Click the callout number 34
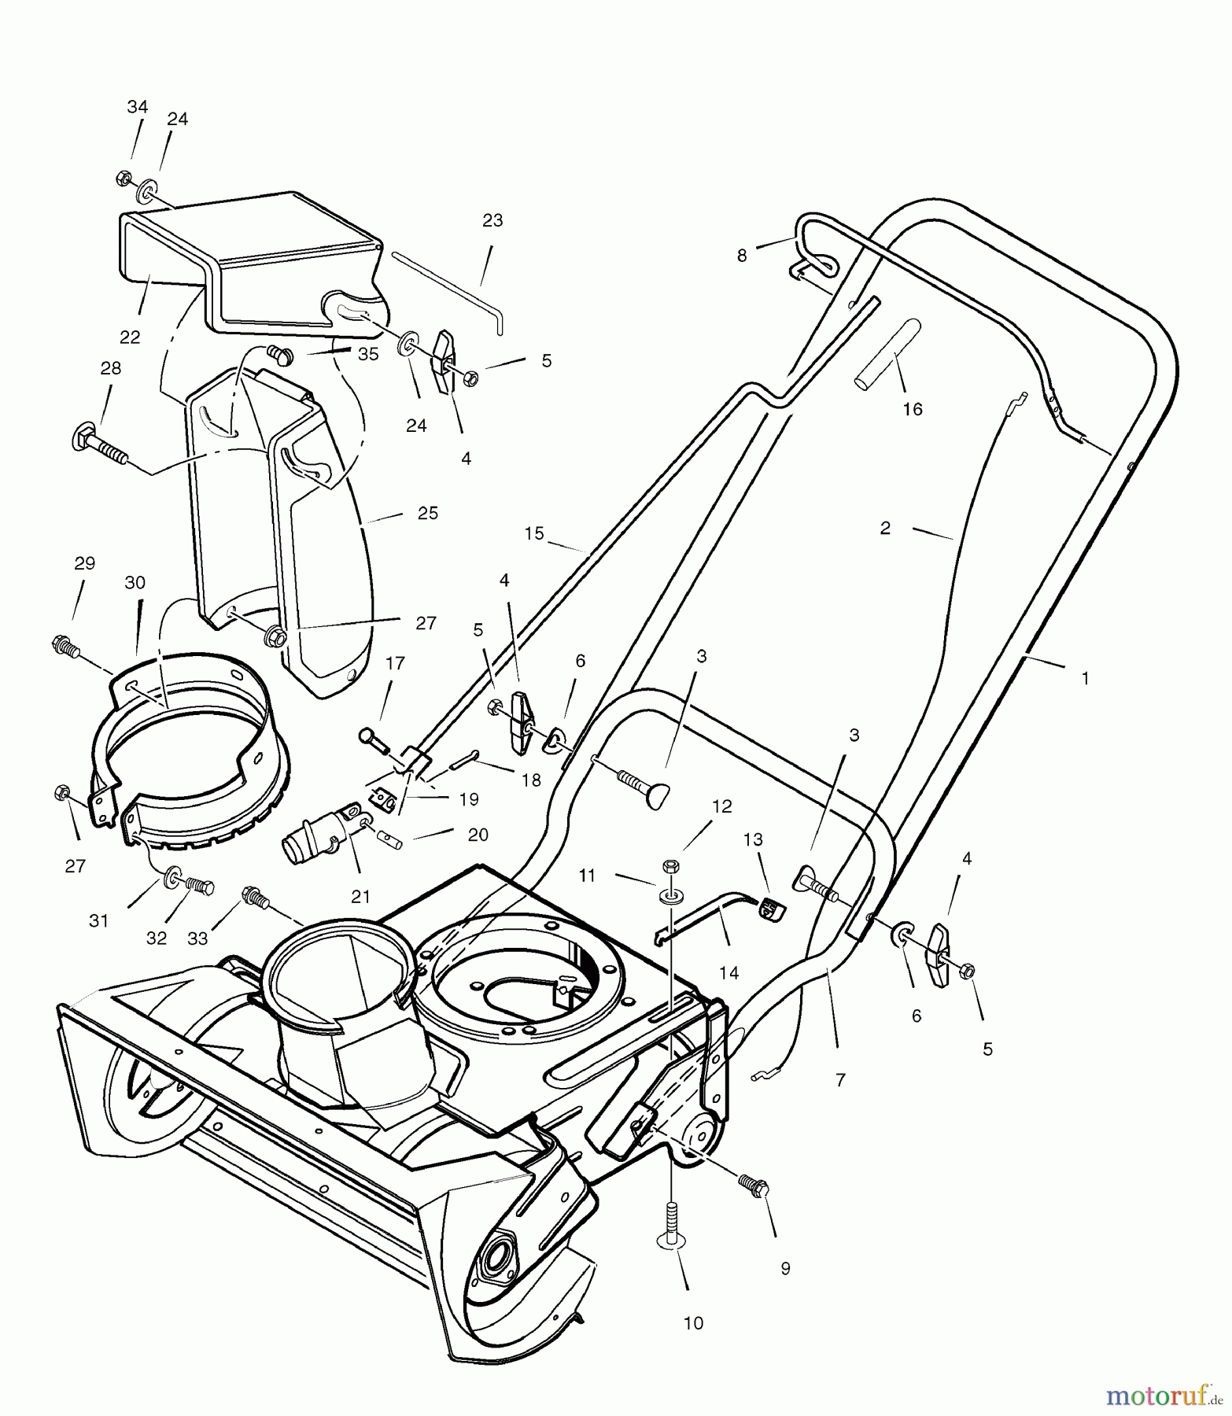click(x=137, y=106)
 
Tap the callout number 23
click(x=492, y=220)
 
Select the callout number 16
click(x=913, y=409)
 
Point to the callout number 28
click(x=111, y=369)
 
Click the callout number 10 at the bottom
click(x=693, y=1323)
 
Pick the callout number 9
click(x=785, y=1268)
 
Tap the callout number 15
click(x=534, y=533)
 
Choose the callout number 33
click(x=198, y=938)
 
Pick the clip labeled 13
click(x=772, y=909)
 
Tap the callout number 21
click(x=360, y=898)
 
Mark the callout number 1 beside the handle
click(x=1085, y=678)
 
